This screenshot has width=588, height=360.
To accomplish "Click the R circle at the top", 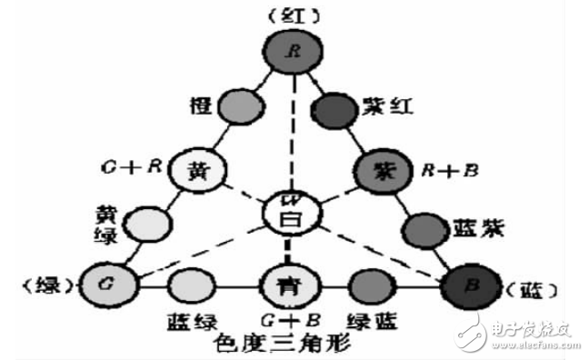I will [293, 51].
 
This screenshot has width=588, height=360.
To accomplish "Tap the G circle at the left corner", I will [106, 285].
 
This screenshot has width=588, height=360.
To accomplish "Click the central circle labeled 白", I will [286, 215].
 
